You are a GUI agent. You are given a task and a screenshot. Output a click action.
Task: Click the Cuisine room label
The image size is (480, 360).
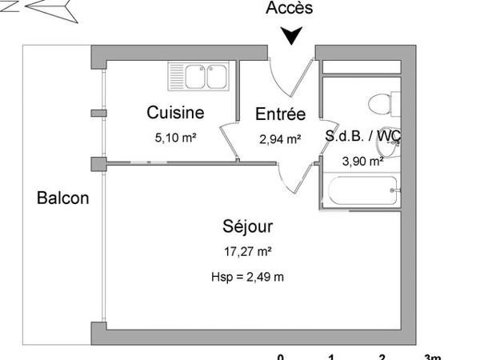175,113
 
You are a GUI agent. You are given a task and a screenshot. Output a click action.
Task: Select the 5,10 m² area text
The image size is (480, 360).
176,138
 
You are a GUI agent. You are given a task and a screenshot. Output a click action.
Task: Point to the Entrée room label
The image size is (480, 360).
280,114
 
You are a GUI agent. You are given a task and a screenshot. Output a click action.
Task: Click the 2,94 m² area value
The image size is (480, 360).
280,138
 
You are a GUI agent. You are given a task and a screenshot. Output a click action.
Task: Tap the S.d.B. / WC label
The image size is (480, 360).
362,136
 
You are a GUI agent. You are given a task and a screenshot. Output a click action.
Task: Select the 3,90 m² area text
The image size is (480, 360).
362,161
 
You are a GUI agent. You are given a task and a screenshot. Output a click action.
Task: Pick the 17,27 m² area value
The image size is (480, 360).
248,251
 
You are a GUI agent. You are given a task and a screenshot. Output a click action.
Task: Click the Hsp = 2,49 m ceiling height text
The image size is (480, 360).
248,278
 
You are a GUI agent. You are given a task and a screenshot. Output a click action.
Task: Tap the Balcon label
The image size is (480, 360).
63,198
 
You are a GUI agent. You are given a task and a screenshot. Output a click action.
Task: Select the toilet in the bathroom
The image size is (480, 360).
378,102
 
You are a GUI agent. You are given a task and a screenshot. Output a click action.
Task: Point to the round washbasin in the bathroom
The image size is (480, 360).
390,138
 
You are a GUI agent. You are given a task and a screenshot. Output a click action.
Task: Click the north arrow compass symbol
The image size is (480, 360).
48,9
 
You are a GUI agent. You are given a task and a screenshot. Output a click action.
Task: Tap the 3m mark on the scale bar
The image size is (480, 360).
432,356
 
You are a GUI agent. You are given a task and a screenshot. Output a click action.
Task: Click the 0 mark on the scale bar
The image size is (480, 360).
280,356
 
